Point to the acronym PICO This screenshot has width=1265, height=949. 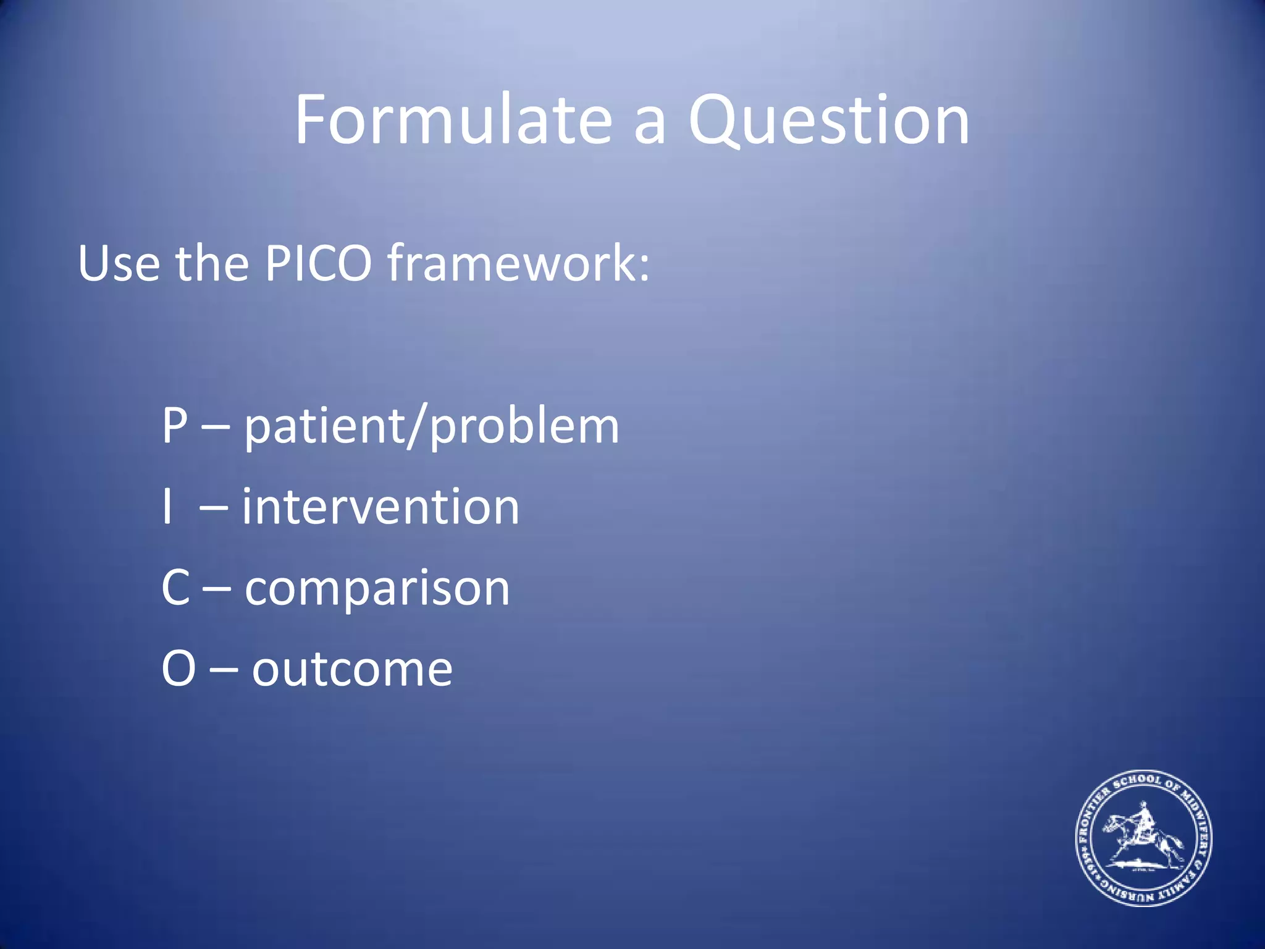pos(318,264)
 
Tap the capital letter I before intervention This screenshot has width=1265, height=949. pos(167,507)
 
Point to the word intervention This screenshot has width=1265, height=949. pos(380,507)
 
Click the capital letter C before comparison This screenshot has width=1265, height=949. pos(175,588)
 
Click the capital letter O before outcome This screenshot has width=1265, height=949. pos(179,669)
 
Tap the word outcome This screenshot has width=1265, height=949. pos(352,670)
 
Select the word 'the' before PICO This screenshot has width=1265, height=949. pos(212,264)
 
